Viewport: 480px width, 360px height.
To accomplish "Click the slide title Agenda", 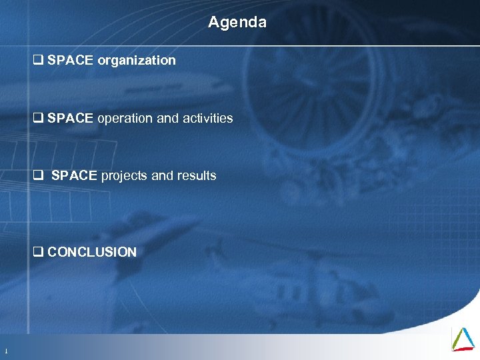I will pyautogui.click(x=237, y=22).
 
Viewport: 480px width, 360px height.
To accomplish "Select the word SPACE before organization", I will pyautogui.click(x=71, y=61).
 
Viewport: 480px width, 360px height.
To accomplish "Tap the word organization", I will pyautogui.click(x=137, y=61).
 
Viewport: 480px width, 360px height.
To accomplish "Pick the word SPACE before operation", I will pyautogui.click(x=71, y=119).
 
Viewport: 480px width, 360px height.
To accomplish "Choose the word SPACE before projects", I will pyautogui.click(x=75, y=176).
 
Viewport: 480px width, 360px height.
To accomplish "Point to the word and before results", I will pyautogui.click(x=162, y=176).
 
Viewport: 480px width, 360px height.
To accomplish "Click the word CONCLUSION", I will pyautogui.click(x=92, y=252).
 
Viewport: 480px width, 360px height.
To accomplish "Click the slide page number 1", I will pyautogui.click(x=6, y=351).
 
